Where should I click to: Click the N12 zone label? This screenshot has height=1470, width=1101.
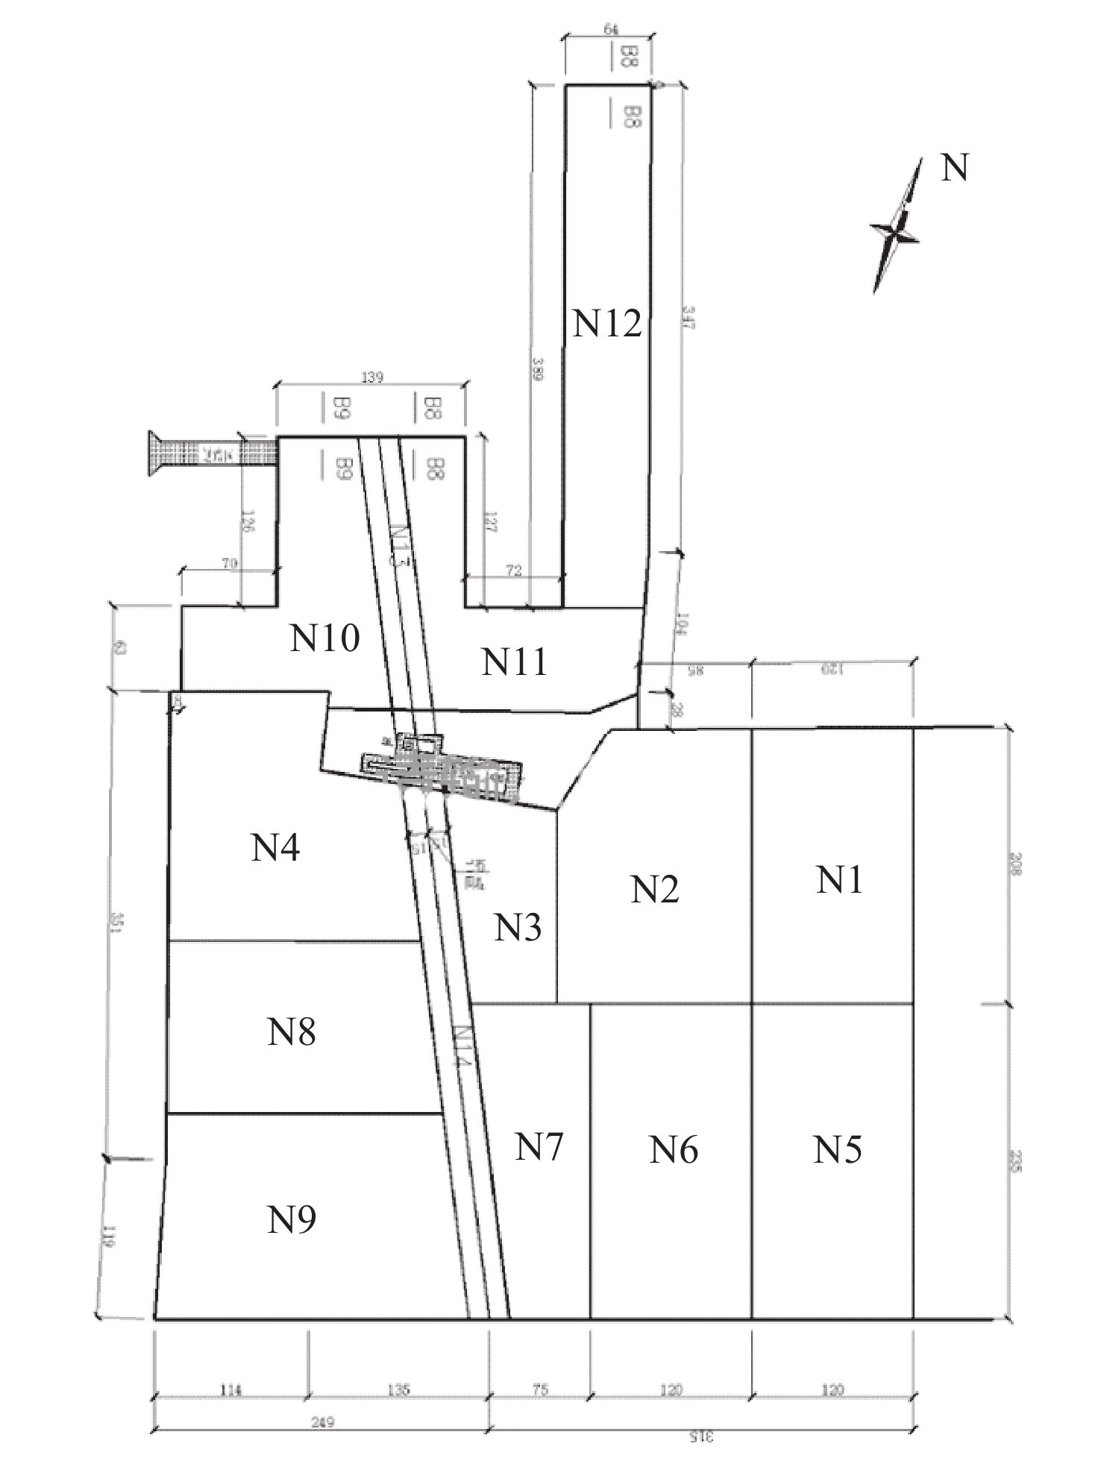pos(607,324)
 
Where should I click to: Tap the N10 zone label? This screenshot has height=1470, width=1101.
pos(325,638)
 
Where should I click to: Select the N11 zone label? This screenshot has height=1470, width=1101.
pos(514,662)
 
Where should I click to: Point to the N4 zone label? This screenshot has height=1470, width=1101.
pos(275,848)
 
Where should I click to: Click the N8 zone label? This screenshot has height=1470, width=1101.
pos(292,1032)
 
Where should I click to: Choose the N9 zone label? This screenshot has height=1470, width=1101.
pos(292,1219)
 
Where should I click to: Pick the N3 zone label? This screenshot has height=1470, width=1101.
pos(518,928)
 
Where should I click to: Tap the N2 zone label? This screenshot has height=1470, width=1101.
pos(654,890)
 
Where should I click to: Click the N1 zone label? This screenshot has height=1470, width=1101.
pos(839,880)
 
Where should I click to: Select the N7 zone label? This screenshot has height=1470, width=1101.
pos(539,1147)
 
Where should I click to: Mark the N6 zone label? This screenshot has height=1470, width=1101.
pos(674,1150)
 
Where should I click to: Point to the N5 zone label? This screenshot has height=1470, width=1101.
pos(838,1150)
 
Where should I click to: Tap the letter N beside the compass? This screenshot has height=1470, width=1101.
pos(954,169)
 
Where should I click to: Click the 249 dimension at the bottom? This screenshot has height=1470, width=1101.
pos(323,1422)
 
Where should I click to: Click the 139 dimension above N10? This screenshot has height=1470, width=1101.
pos(372,377)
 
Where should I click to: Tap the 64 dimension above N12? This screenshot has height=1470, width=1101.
pos(611,29)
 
